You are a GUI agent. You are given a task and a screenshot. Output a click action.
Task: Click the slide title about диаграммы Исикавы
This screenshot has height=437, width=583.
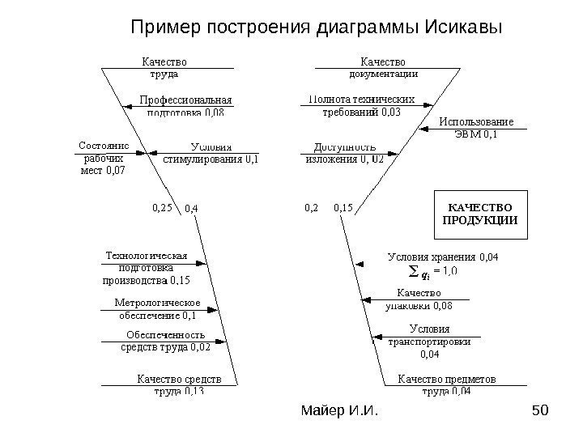(x=317, y=28)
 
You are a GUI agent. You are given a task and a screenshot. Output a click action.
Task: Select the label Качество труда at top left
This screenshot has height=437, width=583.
(x=164, y=67)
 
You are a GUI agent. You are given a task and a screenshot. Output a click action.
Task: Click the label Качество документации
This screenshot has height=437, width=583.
(x=383, y=67)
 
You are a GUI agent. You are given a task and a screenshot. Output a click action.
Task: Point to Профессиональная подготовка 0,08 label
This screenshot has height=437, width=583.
(x=186, y=106)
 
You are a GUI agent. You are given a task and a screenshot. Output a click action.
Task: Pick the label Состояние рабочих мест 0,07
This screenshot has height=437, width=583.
(x=104, y=159)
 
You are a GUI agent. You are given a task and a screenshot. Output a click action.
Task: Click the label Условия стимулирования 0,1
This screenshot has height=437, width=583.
(x=212, y=153)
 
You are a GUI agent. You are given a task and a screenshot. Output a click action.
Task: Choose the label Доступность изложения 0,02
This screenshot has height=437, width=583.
(x=344, y=153)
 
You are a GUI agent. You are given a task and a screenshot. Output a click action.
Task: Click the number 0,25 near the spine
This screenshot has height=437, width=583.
(x=163, y=208)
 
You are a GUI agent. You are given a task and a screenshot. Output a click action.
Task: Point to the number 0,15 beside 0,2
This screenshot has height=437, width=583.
(x=343, y=208)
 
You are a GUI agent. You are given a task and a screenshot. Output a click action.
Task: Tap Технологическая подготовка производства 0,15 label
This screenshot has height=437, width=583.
(x=146, y=269)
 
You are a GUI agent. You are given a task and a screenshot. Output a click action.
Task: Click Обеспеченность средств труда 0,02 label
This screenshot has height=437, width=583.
(x=165, y=341)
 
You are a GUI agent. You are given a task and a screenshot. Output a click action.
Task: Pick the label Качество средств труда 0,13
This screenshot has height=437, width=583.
(x=179, y=384)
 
